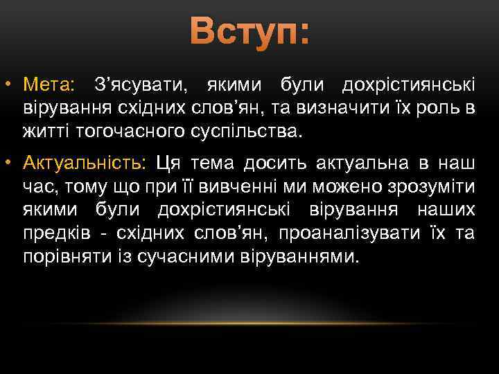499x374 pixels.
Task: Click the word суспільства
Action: (244, 130)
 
